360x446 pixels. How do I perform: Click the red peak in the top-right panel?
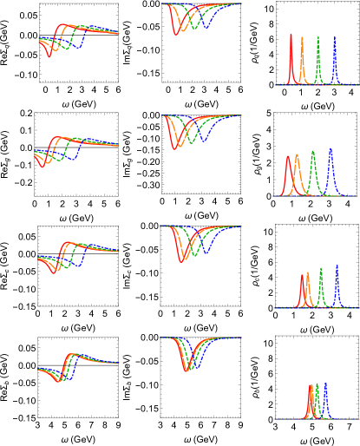pos(291,36)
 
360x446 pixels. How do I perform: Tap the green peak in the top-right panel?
pos(318,38)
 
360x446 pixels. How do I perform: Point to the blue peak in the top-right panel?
pos(335,37)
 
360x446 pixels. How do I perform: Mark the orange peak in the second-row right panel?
pos(297,156)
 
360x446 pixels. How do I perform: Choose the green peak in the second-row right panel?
pos(312,152)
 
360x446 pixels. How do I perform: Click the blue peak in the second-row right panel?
pos(331,148)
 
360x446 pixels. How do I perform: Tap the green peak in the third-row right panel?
pos(321,269)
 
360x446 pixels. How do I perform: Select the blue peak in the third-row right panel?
pos(337,266)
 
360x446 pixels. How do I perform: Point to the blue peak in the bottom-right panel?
pos(325,383)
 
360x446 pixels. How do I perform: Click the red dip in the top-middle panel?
pos(176,33)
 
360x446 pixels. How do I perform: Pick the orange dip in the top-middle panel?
pos(183,30)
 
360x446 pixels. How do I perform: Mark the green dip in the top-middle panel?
pos(193,27)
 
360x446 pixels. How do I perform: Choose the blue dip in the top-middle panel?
pos(206,25)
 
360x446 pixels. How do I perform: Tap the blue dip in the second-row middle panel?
pos(205,140)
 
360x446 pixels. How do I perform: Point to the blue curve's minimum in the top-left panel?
pos(77,46)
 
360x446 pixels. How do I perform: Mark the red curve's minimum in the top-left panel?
pos(49,56)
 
